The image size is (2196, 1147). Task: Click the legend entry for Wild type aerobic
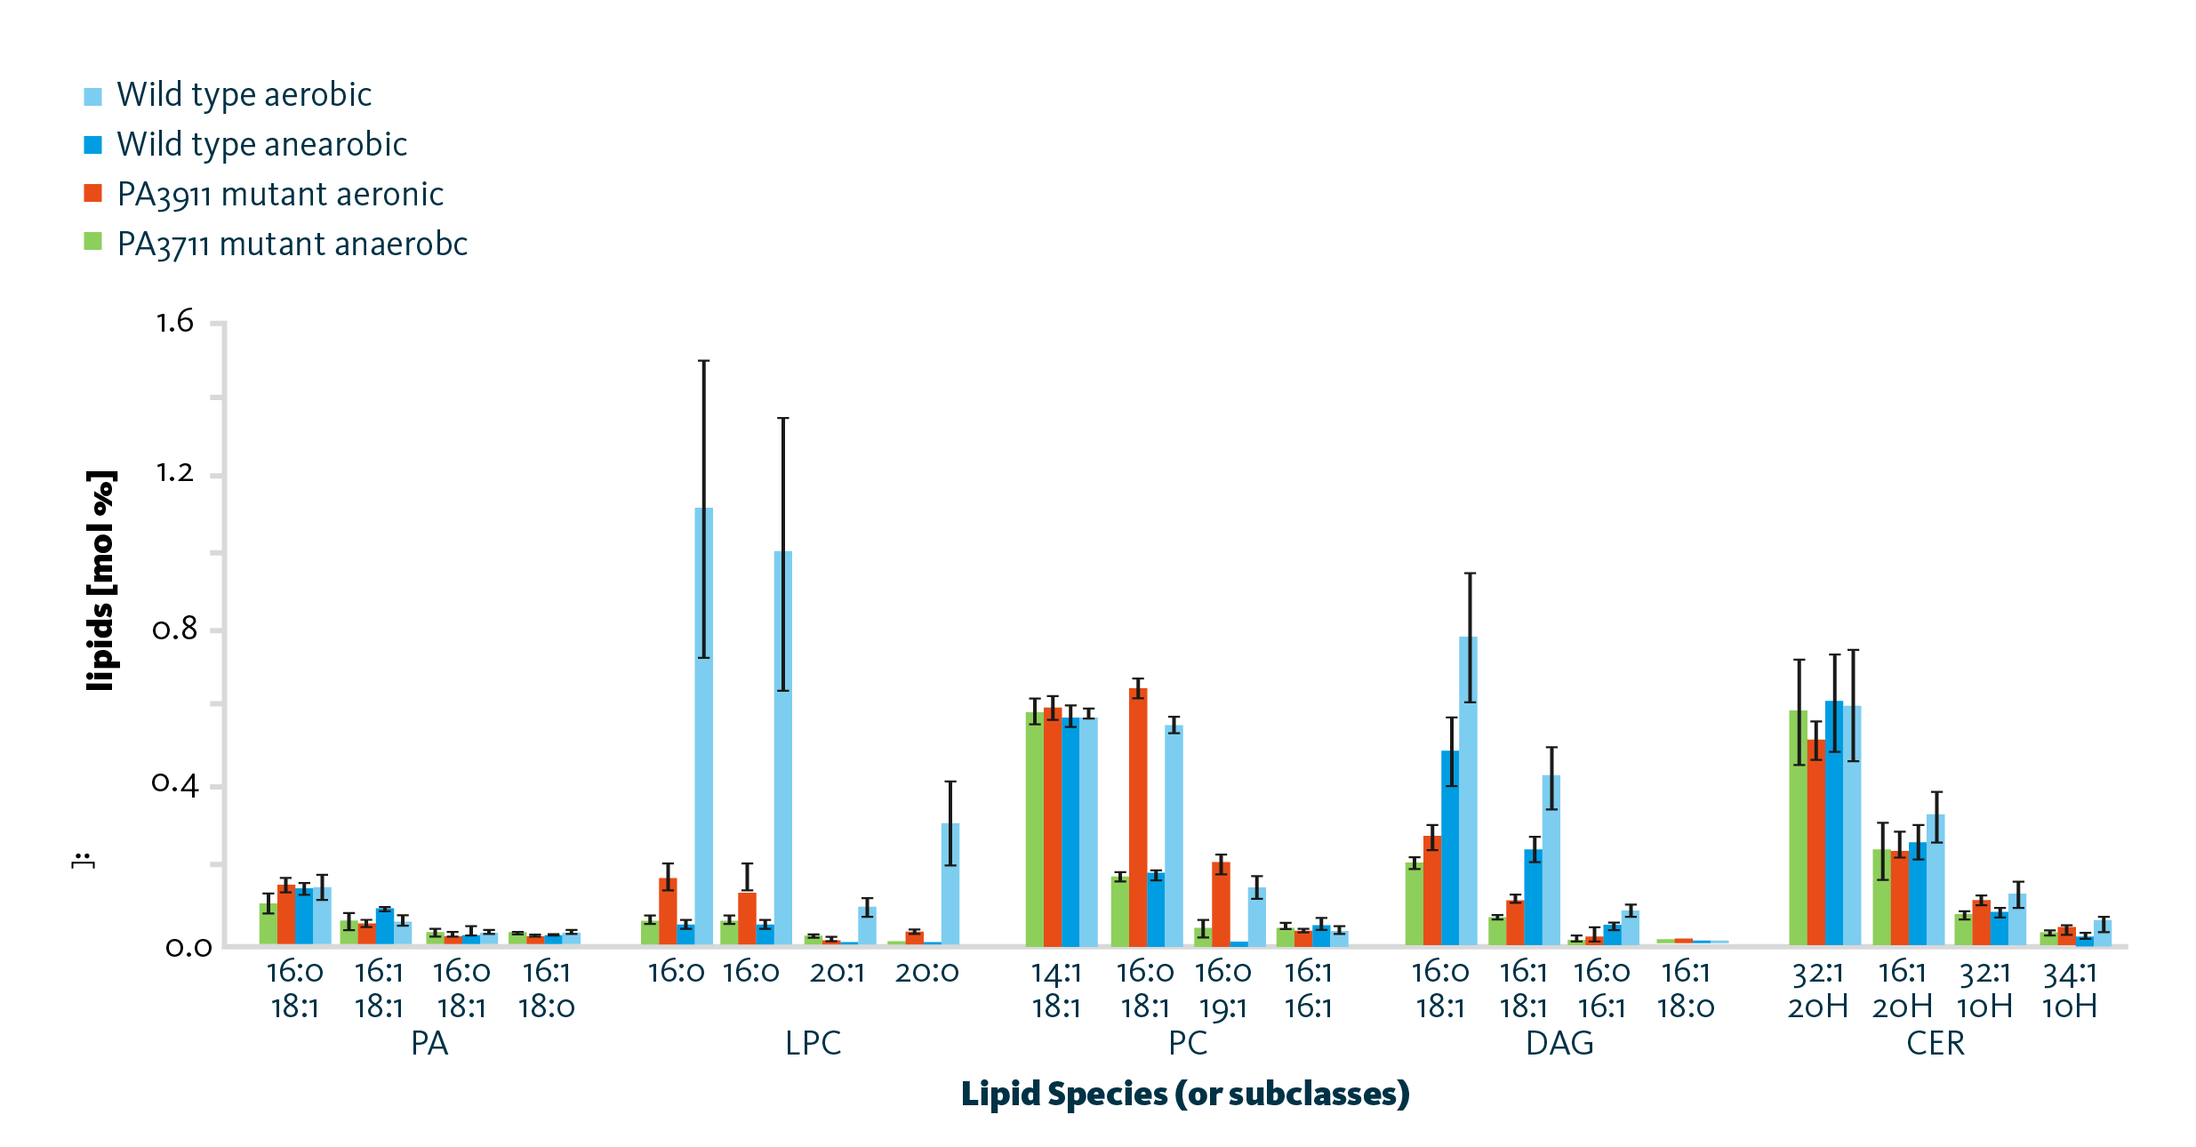click(x=244, y=95)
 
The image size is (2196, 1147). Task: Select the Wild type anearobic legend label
click(x=261, y=145)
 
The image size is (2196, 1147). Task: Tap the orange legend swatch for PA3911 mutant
click(x=93, y=194)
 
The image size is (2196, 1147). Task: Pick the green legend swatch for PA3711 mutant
click(x=93, y=242)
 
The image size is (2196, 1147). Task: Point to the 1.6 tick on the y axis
click(x=175, y=322)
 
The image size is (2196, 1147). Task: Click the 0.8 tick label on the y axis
click(x=175, y=630)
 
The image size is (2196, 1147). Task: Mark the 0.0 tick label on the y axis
click(x=188, y=947)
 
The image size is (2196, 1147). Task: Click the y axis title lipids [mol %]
click(x=101, y=581)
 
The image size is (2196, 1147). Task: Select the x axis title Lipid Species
click(x=1185, y=1094)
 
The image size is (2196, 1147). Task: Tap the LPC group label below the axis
click(x=813, y=1043)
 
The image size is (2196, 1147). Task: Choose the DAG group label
click(x=1559, y=1043)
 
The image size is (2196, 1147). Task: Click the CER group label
click(x=1935, y=1043)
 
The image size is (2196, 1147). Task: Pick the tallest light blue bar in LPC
click(x=703, y=726)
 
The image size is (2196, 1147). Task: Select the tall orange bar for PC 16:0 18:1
click(x=1138, y=816)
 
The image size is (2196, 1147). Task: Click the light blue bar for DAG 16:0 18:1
click(x=1468, y=790)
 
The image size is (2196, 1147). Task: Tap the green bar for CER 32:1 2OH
click(x=1798, y=827)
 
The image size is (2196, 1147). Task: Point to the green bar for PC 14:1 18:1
click(x=1034, y=828)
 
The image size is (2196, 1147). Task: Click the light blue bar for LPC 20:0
click(x=950, y=884)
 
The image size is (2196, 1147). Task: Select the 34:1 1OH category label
click(x=2070, y=990)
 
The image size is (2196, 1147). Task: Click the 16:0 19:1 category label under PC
click(x=1222, y=990)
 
